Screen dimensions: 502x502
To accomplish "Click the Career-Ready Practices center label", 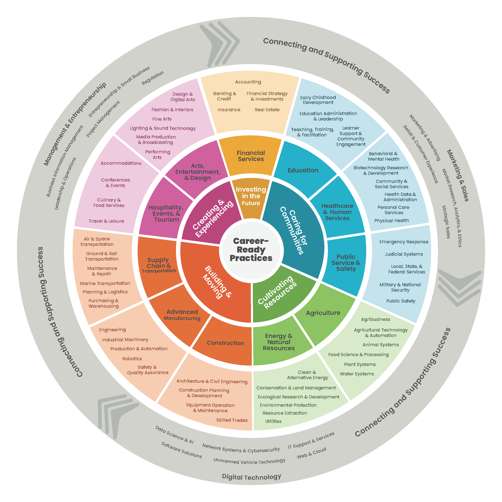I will [251, 249].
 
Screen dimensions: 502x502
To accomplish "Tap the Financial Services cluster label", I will [251, 156].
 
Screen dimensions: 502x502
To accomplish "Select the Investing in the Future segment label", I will [251, 196].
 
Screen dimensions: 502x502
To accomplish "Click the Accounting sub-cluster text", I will [248, 82].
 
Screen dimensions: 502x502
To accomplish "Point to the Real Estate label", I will [267, 110].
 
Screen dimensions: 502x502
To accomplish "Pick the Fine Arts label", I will [162, 119].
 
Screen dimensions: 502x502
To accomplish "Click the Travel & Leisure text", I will [106, 221].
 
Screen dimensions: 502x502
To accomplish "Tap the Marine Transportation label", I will [105, 283].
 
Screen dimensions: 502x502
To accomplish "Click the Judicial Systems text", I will [404, 254].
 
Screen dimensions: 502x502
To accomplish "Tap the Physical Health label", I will [391, 221].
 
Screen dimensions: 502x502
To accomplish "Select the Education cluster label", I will [303, 170].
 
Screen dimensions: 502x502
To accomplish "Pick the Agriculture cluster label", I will [323, 313].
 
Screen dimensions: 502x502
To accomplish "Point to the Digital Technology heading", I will [251, 477].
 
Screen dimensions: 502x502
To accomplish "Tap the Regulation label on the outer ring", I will [153, 78].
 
